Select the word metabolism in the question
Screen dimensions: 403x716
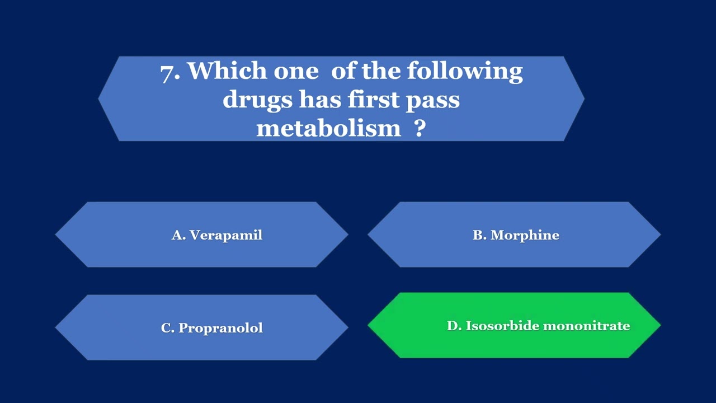[328, 128]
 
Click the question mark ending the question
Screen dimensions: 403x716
[420, 128]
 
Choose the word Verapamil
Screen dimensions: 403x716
[225, 235]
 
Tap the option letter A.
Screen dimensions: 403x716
[178, 235]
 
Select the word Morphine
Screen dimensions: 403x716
[525, 235]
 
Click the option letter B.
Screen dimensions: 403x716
[479, 235]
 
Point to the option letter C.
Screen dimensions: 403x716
[167, 328]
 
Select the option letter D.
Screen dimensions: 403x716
[453, 326]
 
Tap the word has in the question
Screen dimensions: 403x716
[320, 100]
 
